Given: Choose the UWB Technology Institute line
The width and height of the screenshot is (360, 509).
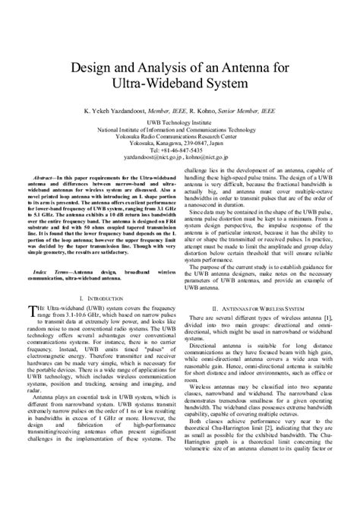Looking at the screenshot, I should (x=180, y=122).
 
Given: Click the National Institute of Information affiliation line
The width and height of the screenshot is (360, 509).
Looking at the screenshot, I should (x=180, y=129).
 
